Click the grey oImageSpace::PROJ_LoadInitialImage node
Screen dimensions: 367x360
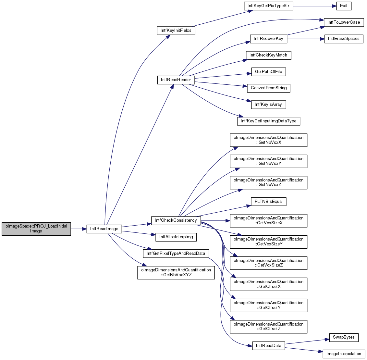click(x=36, y=229)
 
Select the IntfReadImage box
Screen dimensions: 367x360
click(x=104, y=229)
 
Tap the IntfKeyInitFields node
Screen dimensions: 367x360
click(x=176, y=31)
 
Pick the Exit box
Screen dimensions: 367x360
click(x=344, y=6)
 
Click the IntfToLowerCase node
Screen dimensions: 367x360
click(x=344, y=22)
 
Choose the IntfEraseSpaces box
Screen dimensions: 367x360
click(x=344, y=39)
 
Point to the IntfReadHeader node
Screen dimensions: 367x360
click(x=176, y=80)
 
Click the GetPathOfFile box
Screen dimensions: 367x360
click(x=268, y=72)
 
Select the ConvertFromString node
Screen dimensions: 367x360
click(x=269, y=88)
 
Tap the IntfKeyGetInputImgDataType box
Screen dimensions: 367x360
click(x=268, y=121)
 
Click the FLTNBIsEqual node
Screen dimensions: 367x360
click(x=268, y=202)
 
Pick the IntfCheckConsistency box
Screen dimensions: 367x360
click(x=176, y=221)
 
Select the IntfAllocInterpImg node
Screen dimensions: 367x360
click(x=176, y=237)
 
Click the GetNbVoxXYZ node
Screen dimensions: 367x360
click(x=176, y=272)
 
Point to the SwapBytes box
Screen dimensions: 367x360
click(x=344, y=337)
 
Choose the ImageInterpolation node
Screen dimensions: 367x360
click(x=344, y=354)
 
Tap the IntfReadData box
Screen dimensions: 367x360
click(x=268, y=346)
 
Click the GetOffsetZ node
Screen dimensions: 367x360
click(x=268, y=327)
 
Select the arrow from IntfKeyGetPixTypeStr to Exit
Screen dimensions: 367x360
click(x=315, y=6)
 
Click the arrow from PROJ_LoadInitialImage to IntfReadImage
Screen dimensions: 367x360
click(x=79, y=229)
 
